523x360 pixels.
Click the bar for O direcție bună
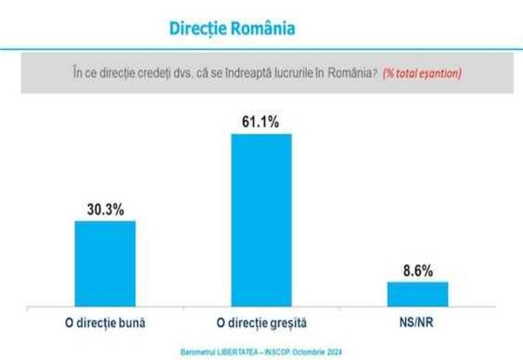click(105, 263)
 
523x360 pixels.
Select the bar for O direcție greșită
click(261, 220)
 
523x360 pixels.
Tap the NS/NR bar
click(417, 294)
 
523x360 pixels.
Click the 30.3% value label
click(105, 210)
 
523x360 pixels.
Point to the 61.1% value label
click(260, 122)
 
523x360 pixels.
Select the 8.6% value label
click(417, 271)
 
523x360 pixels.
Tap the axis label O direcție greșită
click(261, 323)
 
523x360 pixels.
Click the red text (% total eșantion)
click(422, 74)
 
